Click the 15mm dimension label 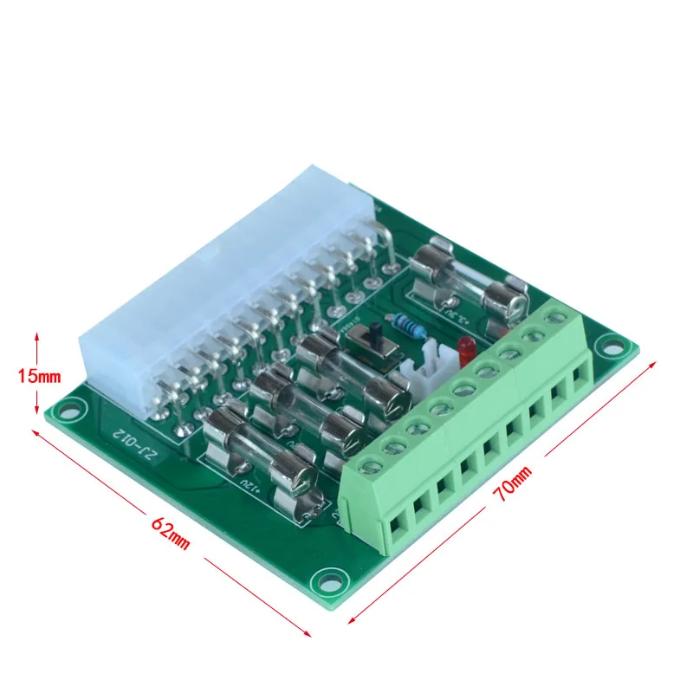pos(38,375)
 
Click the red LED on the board pos(465,348)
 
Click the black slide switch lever pos(378,334)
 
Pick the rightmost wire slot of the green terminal pos(579,374)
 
